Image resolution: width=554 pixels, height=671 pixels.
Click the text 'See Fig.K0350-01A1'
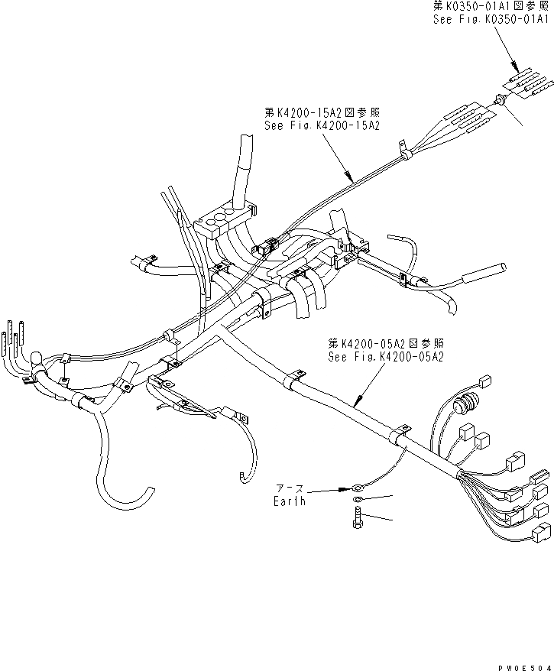(x=491, y=18)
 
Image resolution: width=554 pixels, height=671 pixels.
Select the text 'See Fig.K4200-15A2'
(x=321, y=124)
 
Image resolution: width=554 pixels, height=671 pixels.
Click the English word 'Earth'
(x=290, y=501)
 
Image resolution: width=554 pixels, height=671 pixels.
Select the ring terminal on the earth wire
(x=358, y=487)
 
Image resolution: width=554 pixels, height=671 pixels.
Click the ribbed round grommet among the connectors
(x=465, y=404)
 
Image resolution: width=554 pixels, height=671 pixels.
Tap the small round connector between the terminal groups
(x=500, y=98)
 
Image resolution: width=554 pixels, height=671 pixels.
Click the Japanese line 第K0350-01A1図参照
(x=491, y=6)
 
